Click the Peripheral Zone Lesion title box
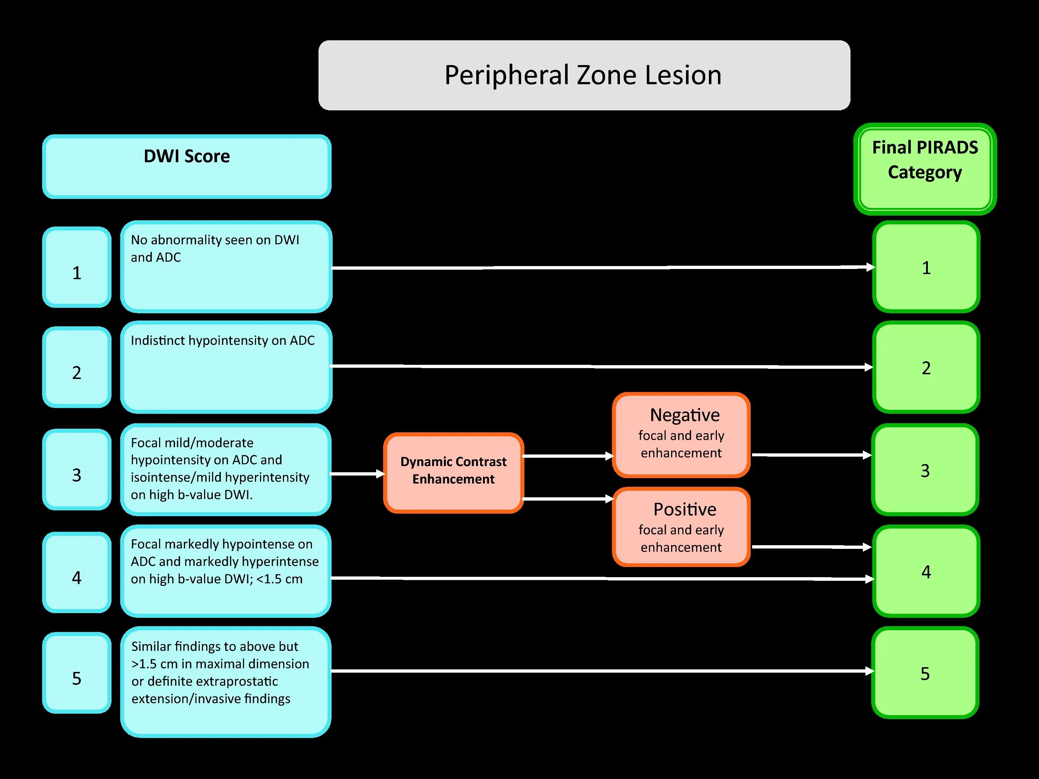(584, 75)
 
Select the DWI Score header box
(186, 166)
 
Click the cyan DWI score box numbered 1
(77, 267)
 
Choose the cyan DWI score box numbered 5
(77, 672)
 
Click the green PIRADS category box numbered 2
(926, 367)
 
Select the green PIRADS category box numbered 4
(926, 571)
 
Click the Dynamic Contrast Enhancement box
(453, 472)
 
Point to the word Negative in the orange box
(684, 415)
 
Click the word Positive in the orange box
(684, 510)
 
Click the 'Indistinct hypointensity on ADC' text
(222, 340)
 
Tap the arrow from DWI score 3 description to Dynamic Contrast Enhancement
(357, 474)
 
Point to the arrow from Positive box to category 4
(811, 547)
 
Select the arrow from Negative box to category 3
(811, 455)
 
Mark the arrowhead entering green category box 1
(870, 267)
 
